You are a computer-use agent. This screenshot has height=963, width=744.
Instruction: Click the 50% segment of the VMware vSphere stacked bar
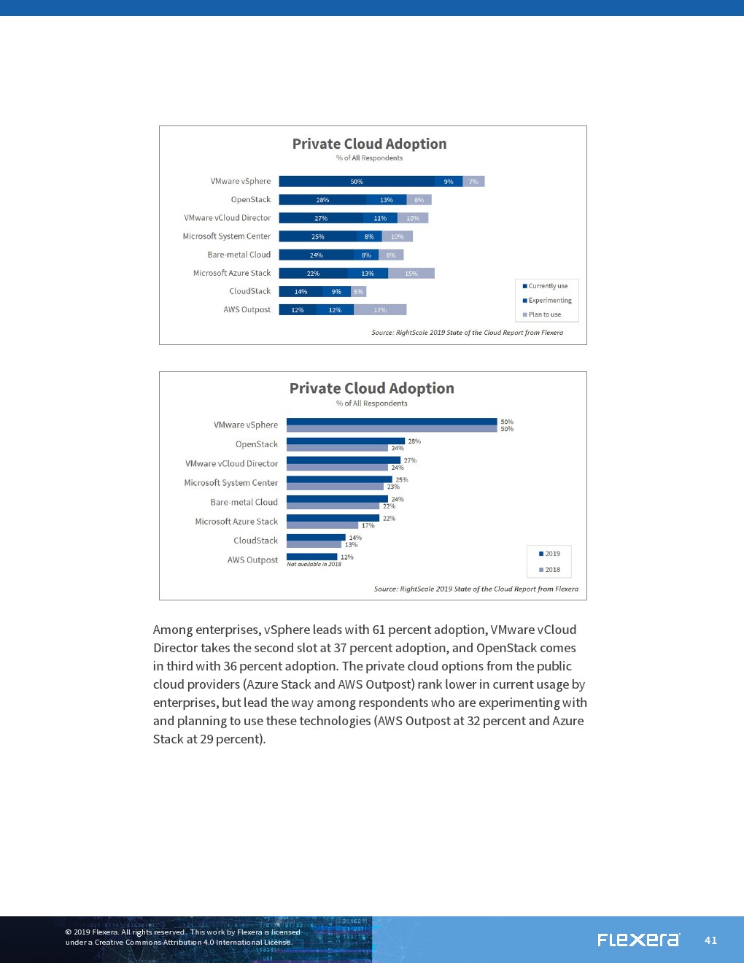357,182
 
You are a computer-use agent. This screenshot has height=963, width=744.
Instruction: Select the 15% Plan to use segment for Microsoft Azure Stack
411,274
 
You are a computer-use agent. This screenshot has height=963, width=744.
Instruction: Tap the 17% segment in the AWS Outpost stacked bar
380,310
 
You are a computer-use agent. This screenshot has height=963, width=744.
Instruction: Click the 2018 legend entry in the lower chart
550,570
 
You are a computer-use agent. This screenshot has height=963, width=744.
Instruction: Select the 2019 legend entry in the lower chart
550,554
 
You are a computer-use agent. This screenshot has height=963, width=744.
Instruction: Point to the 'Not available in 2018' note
314,565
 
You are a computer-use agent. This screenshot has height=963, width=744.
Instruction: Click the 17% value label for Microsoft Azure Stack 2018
368,526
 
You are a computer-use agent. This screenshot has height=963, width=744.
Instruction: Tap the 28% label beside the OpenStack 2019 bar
414,441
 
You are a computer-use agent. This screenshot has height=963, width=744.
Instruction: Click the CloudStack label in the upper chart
249,291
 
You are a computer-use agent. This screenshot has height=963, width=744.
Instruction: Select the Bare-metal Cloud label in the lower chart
244,502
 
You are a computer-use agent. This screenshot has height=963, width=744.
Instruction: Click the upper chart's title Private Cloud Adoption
369,144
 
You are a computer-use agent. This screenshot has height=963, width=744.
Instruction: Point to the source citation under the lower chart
476,589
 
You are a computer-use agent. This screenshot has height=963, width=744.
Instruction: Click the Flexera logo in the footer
638,940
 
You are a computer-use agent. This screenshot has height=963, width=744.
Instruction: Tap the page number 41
711,940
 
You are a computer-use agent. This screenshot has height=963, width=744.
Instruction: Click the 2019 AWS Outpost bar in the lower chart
311,557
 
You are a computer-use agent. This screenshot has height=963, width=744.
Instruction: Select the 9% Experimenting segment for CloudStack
336,292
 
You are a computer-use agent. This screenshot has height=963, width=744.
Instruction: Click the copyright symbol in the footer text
69,932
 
